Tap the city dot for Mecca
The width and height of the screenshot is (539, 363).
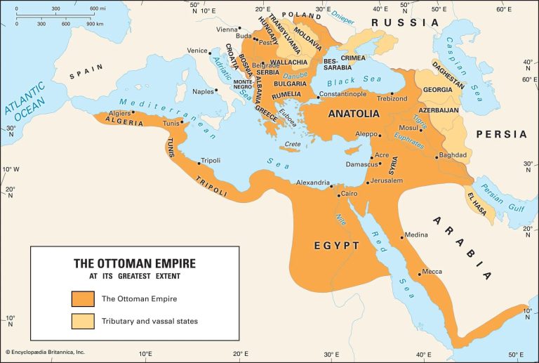pyautogui.click(x=420, y=273)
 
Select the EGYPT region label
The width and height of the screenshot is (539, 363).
pyautogui.click(x=336, y=246)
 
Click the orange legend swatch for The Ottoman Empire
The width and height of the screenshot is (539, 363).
pyautogui.click(x=83, y=298)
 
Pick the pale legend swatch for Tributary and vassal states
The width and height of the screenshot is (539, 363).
pyautogui.click(x=83, y=321)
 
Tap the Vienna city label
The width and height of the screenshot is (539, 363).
pyautogui.click(x=227, y=29)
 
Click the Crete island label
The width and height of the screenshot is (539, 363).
pyautogui.click(x=293, y=145)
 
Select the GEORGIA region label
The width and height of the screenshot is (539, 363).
pyautogui.click(x=437, y=91)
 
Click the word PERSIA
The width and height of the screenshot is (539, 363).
pyautogui.click(x=501, y=134)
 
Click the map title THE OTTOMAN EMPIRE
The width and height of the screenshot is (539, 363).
pyautogui.click(x=135, y=263)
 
